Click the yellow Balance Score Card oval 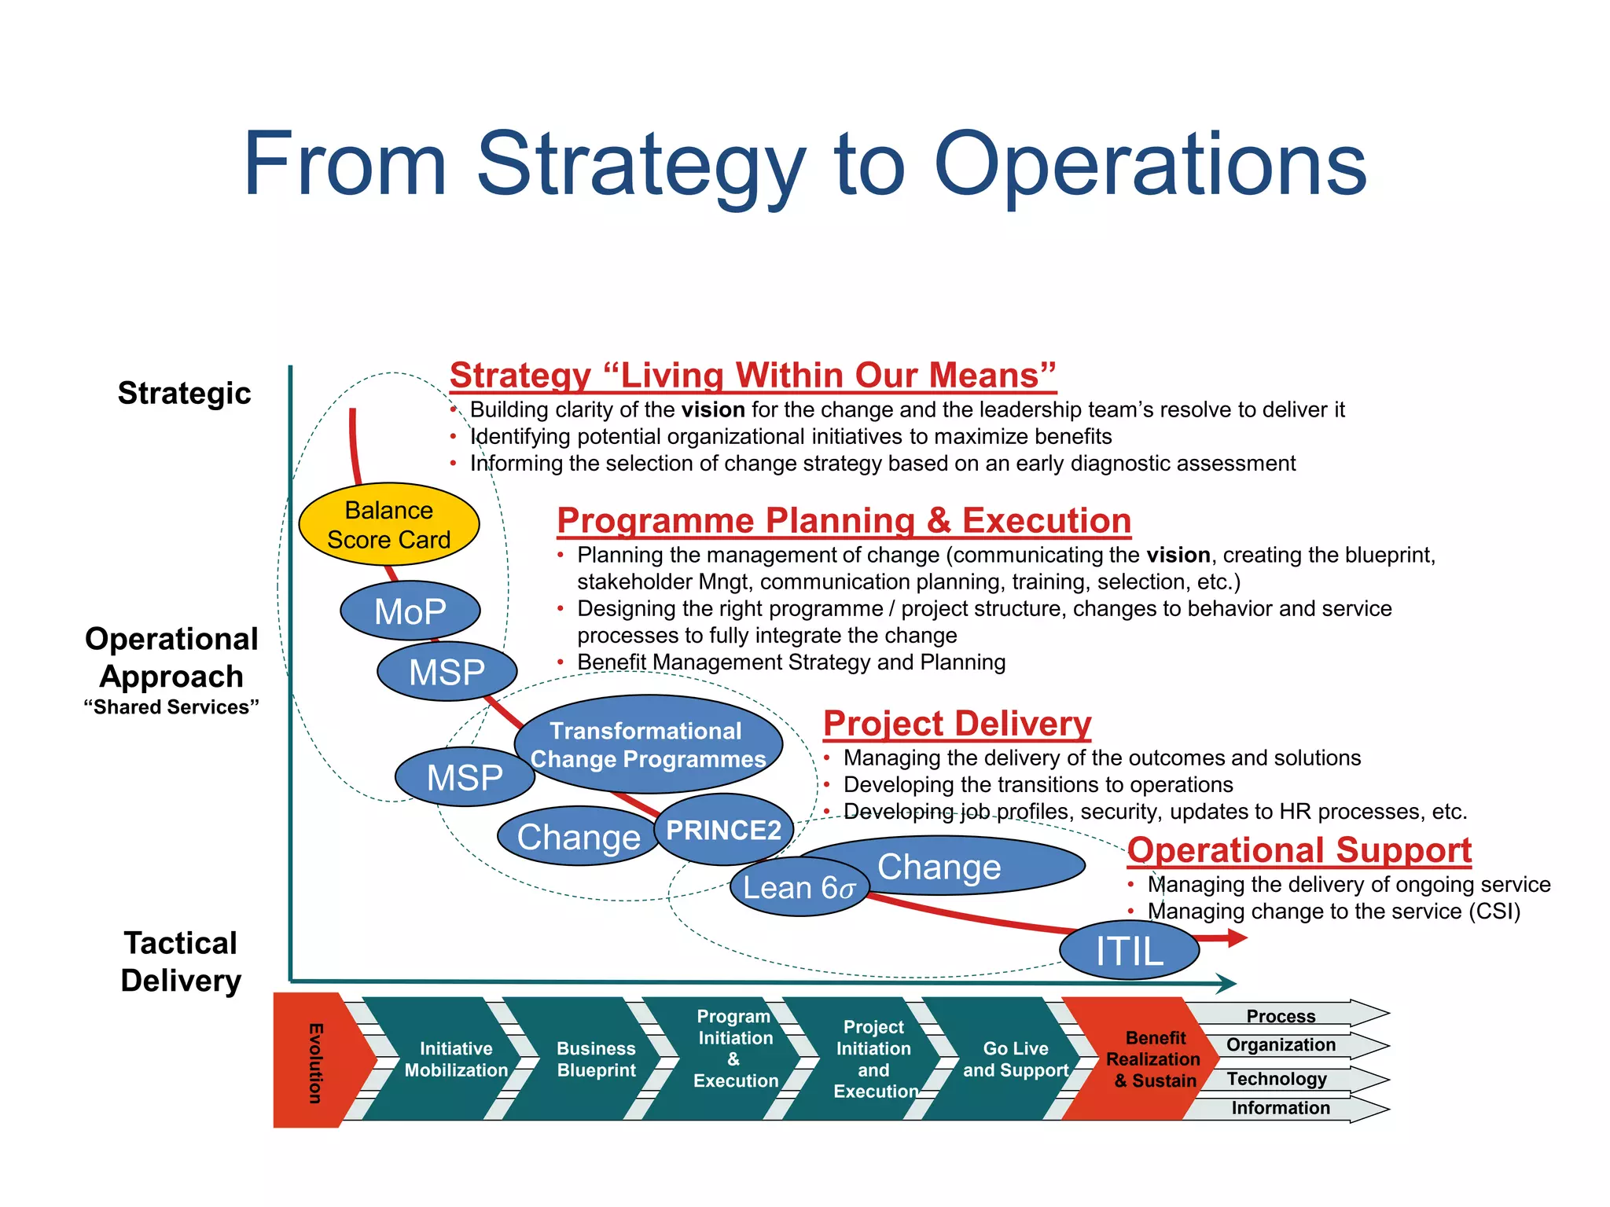point(389,524)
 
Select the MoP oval point(410,611)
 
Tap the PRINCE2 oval point(723,830)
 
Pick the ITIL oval point(1129,951)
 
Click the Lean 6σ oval point(799,887)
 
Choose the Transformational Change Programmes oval point(648,744)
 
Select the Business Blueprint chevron point(596,1059)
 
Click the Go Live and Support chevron point(1016,1059)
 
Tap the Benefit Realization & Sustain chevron point(1154,1059)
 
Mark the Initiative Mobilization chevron point(456,1059)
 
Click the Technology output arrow point(1278,1079)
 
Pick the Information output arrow point(1281,1108)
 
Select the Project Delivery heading point(957,723)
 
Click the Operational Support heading point(1299,850)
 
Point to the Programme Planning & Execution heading point(844,520)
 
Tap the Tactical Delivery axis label point(181,962)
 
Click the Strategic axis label point(184,393)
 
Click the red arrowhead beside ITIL point(1235,937)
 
